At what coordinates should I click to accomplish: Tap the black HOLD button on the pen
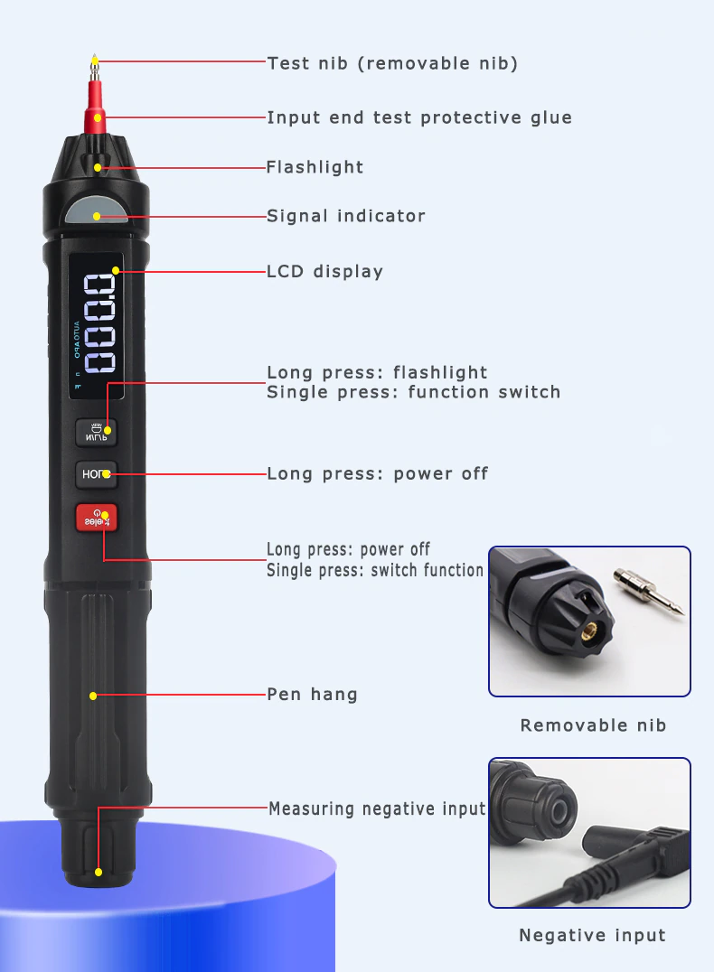(x=96, y=473)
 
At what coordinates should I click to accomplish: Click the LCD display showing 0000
(x=97, y=325)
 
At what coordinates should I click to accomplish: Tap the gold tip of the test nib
(x=94, y=61)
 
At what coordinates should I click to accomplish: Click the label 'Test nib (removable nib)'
(x=392, y=63)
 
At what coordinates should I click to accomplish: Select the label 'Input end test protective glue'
(x=419, y=117)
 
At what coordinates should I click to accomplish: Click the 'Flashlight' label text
(x=315, y=167)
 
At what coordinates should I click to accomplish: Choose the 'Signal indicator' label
(x=346, y=216)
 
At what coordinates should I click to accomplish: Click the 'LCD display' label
(x=325, y=271)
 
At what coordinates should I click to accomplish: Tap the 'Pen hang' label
(x=312, y=694)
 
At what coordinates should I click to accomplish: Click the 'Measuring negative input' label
(x=377, y=808)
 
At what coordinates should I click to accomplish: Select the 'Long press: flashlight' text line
(x=377, y=372)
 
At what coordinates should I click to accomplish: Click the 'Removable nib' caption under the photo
(x=593, y=724)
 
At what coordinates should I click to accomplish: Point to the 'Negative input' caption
(x=592, y=935)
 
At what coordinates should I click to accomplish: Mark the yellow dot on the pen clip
(x=93, y=696)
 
